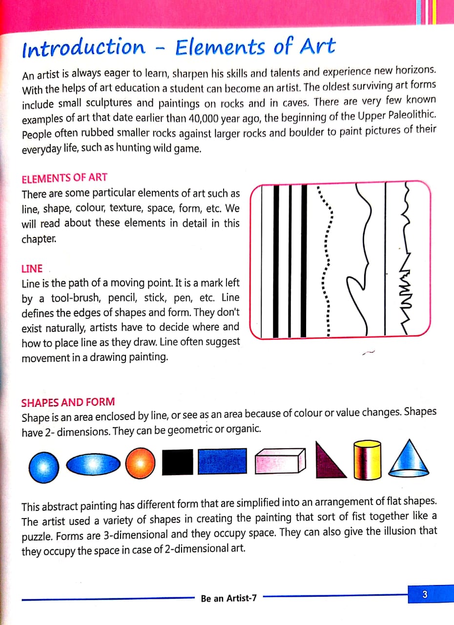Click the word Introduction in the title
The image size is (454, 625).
83,48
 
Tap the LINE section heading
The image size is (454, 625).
32,269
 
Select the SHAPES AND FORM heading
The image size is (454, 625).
68,403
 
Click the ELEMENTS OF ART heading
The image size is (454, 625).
64,178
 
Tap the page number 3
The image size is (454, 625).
424,595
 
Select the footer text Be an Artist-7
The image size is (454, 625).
228,598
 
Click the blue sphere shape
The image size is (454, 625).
43,466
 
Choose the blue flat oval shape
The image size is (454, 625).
93,464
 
